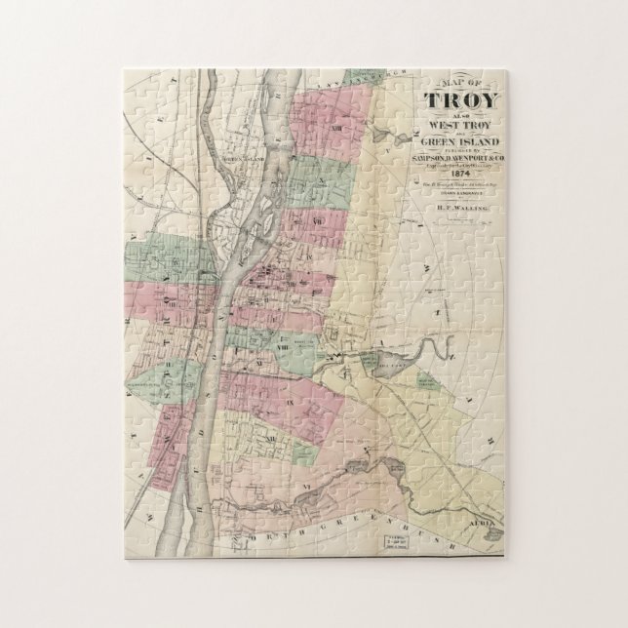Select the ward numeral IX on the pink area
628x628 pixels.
pos(291,401)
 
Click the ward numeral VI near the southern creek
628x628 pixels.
pos(306,485)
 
